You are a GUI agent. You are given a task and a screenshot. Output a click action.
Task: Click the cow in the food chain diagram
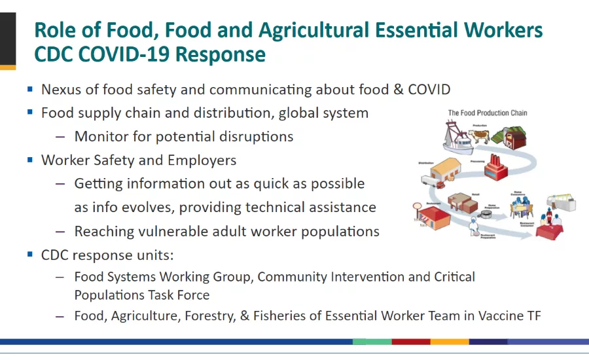click(482, 136)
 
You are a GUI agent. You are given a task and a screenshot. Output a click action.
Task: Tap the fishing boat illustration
click(452, 137)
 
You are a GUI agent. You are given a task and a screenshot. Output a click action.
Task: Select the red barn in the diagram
click(514, 139)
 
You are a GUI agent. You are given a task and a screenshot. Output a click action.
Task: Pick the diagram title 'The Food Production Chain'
click(487, 113)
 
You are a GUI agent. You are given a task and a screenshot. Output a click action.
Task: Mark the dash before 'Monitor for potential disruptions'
click(60, 137)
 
